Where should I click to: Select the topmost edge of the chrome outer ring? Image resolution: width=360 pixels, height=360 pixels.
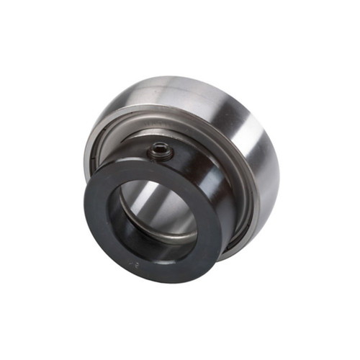tap(202, 76)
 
